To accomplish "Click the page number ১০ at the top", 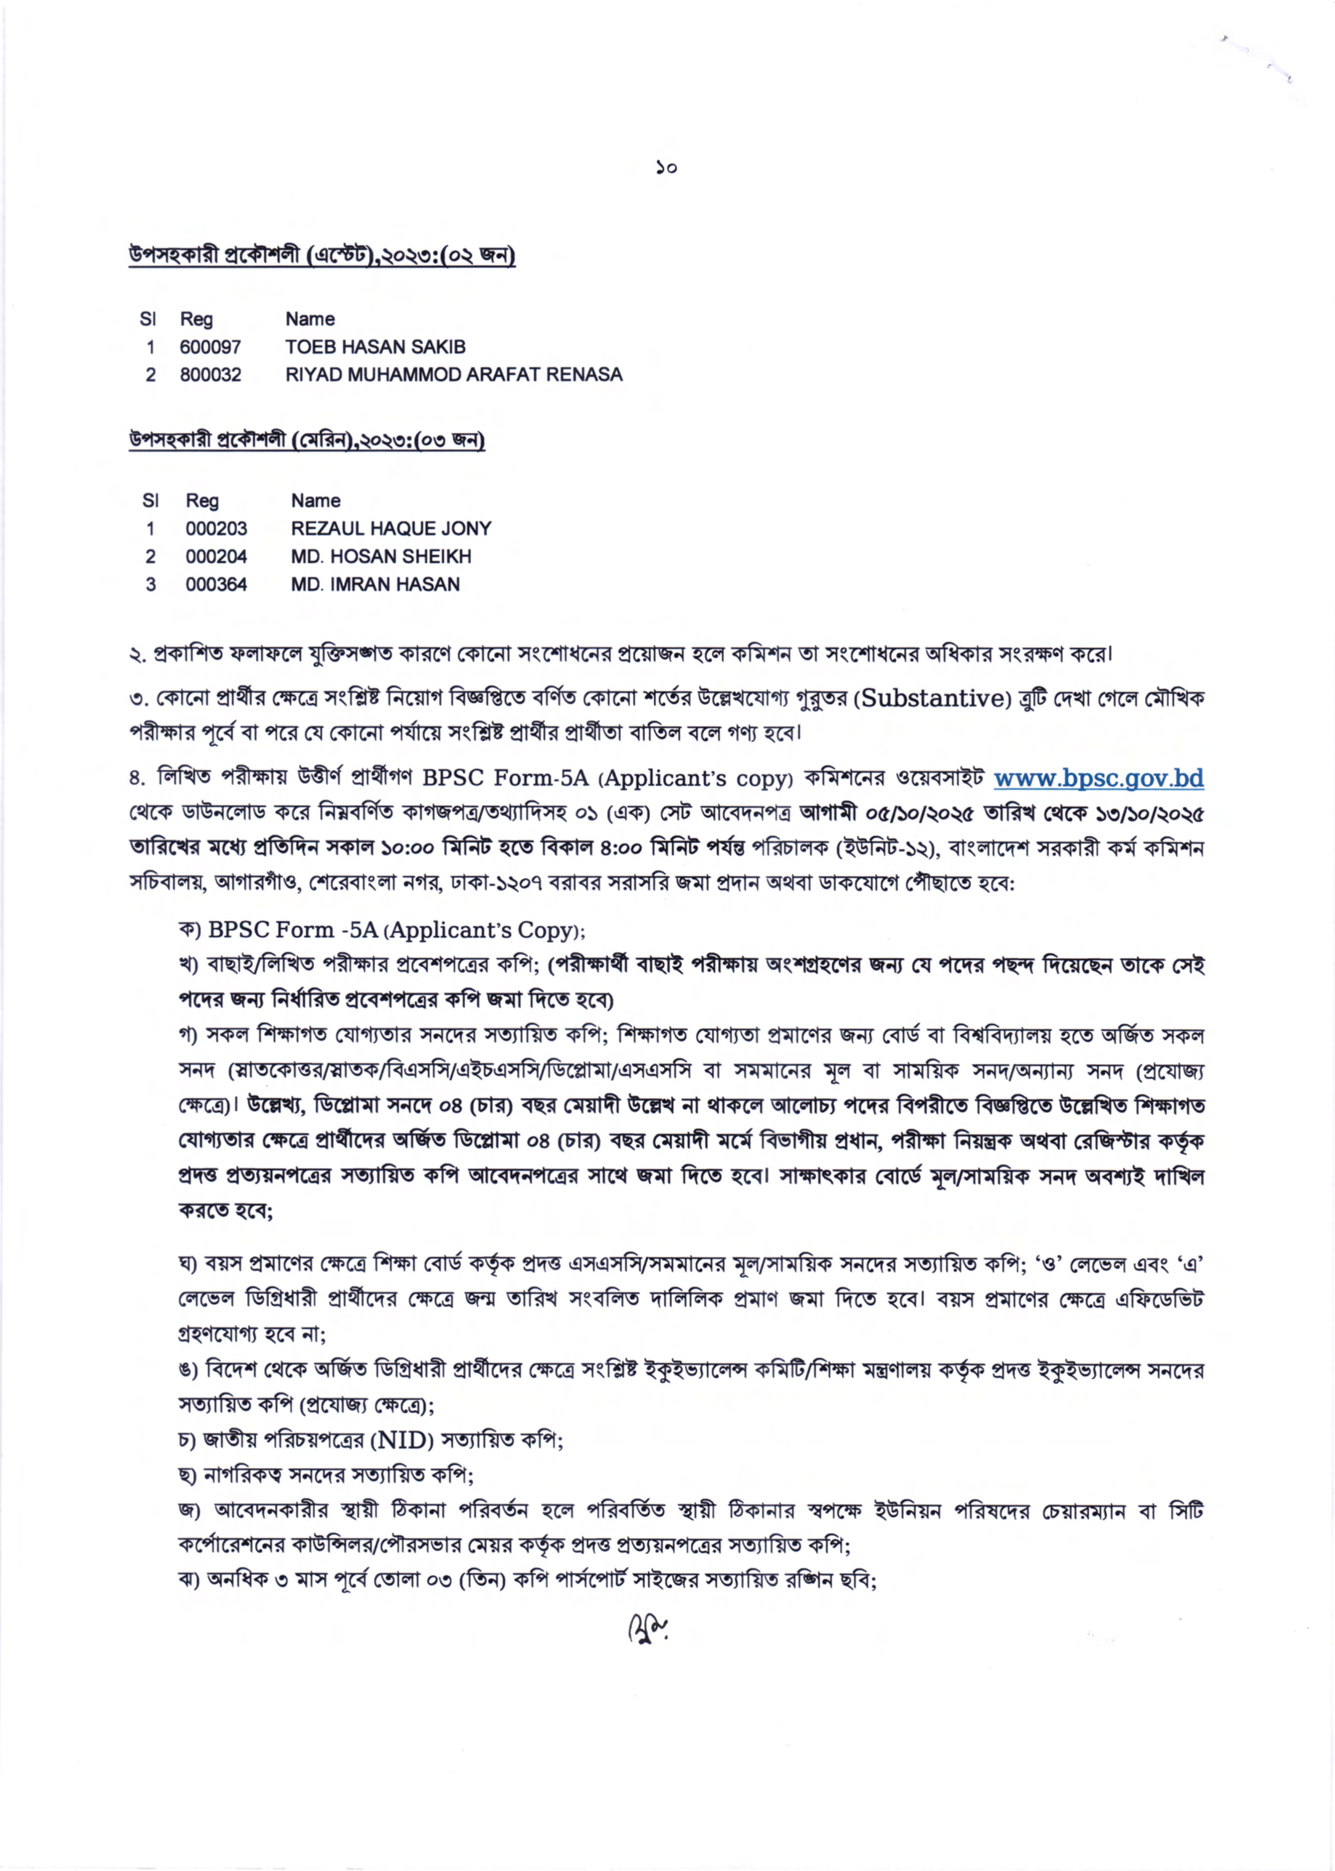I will coord(666,168).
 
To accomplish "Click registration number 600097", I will coord(210,347).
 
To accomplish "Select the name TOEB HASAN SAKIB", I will coord(376,347).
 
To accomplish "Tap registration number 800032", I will coord(210,375).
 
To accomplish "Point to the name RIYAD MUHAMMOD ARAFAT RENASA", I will coord(454,375).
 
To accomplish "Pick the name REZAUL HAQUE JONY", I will coord(391,528).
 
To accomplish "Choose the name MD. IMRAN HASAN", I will coord(376,585).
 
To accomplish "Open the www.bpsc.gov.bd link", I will coord(1099,778).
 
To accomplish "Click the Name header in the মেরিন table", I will coord(316,500).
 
